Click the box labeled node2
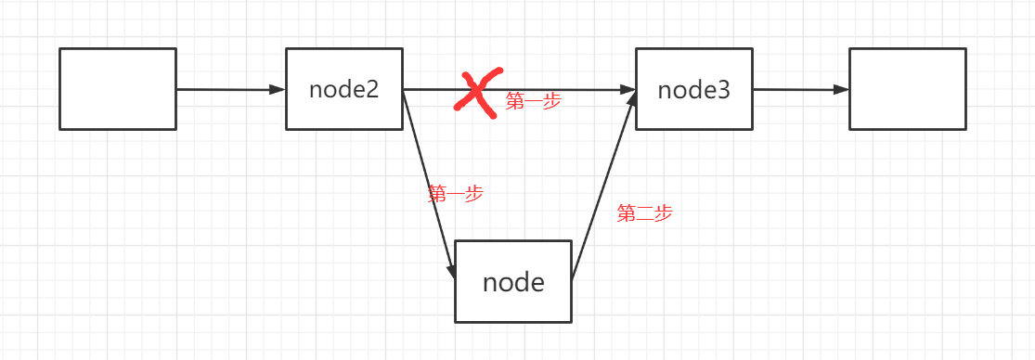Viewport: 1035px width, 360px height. tap(344, 89)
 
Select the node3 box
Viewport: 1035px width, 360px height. tap(693, 89)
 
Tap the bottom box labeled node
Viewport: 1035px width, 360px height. tap(513, 281)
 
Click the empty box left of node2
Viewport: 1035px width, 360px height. tap(118, 89)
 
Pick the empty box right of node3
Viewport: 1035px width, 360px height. tap(907, 89)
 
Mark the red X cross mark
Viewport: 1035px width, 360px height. tap(477, 92)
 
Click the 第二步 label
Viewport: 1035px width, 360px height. tap(644, 213)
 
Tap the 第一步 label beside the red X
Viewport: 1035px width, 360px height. tap(534, 101)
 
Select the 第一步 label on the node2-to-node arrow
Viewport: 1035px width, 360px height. tap(455, 194)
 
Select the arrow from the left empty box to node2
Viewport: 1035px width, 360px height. tap(230, 90)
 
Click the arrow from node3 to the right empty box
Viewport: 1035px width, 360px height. tap(800, 90)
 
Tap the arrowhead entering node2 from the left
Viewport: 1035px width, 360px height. tap(278, 90)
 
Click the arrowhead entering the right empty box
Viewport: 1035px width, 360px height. tap(841, 90)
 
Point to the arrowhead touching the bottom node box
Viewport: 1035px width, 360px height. tap(452, 271)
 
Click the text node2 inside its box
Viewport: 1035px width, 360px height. tap(344, 90)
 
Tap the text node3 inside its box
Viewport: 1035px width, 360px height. tap(693, 90)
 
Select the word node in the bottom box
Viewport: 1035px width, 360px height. tap(513, 281)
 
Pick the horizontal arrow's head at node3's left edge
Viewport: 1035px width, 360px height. tap(628, 90)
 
